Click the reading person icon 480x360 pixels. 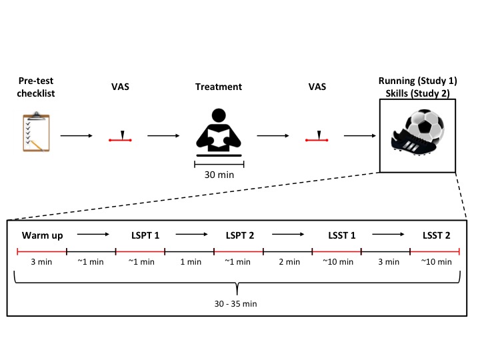219,131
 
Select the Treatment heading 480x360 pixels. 218,87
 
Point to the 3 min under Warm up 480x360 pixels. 41,262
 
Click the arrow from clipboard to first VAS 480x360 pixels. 77,136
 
